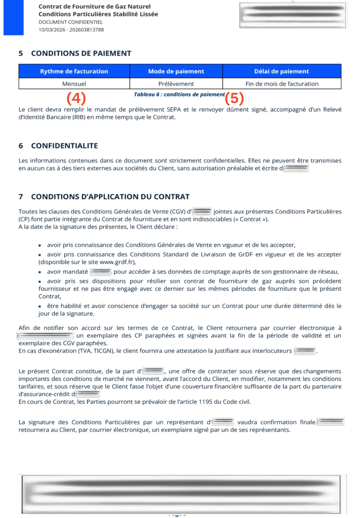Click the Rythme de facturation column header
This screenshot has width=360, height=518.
tap(74, 71)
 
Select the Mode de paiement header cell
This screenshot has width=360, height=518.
tap(176, 71)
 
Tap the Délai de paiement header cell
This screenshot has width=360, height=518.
tap(282, 71)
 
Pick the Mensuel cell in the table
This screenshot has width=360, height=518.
tap(74, 83)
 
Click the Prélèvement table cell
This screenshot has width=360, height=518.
tap(176, 83)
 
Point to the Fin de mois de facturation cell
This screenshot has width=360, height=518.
tap(282, 83)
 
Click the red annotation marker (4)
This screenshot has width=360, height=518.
tap(76, 98)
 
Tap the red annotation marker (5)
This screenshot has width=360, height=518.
tap(234, 98)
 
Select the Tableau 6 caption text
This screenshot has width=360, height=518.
tap(179, 95)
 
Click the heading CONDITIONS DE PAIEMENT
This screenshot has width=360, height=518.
tap(81, 53)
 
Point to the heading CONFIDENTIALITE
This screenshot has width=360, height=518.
tap(64, 146)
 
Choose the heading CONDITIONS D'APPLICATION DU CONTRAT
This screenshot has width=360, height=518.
tap(110, 196)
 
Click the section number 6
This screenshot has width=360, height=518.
tap(21, 146)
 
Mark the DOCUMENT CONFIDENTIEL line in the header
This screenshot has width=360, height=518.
tap(70, 22)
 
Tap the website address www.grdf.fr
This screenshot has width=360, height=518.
tap(117, 262)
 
